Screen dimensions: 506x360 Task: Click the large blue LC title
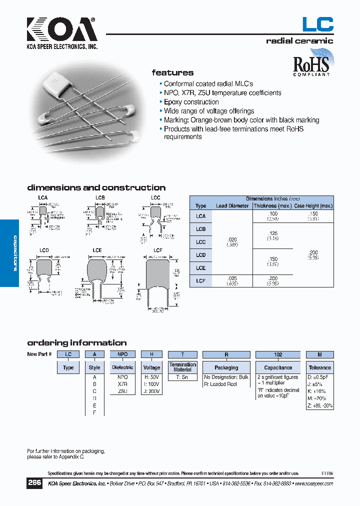click(x=317, y=24)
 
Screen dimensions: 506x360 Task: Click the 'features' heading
click(x=172, y=72)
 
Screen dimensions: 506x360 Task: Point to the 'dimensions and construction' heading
click(x=96, y=188)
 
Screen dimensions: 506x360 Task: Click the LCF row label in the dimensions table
click(x=200, y=281)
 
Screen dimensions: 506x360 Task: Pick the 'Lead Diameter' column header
click(x=232, y=205)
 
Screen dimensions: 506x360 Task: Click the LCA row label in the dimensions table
click(x=200, y=216)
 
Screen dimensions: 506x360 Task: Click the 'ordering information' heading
click(x=76, y=343)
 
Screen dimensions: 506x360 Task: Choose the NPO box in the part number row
click(x=123, y=354)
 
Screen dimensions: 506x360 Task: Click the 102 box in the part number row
click(x=278, y=354)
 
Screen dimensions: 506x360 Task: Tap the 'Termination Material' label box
click(x=182, y=367)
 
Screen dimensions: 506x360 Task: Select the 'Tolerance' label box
click(x=319, y=367)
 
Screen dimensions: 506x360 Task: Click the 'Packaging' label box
click(x=226, y=367)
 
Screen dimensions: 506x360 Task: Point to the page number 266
click(x=34, y=483)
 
